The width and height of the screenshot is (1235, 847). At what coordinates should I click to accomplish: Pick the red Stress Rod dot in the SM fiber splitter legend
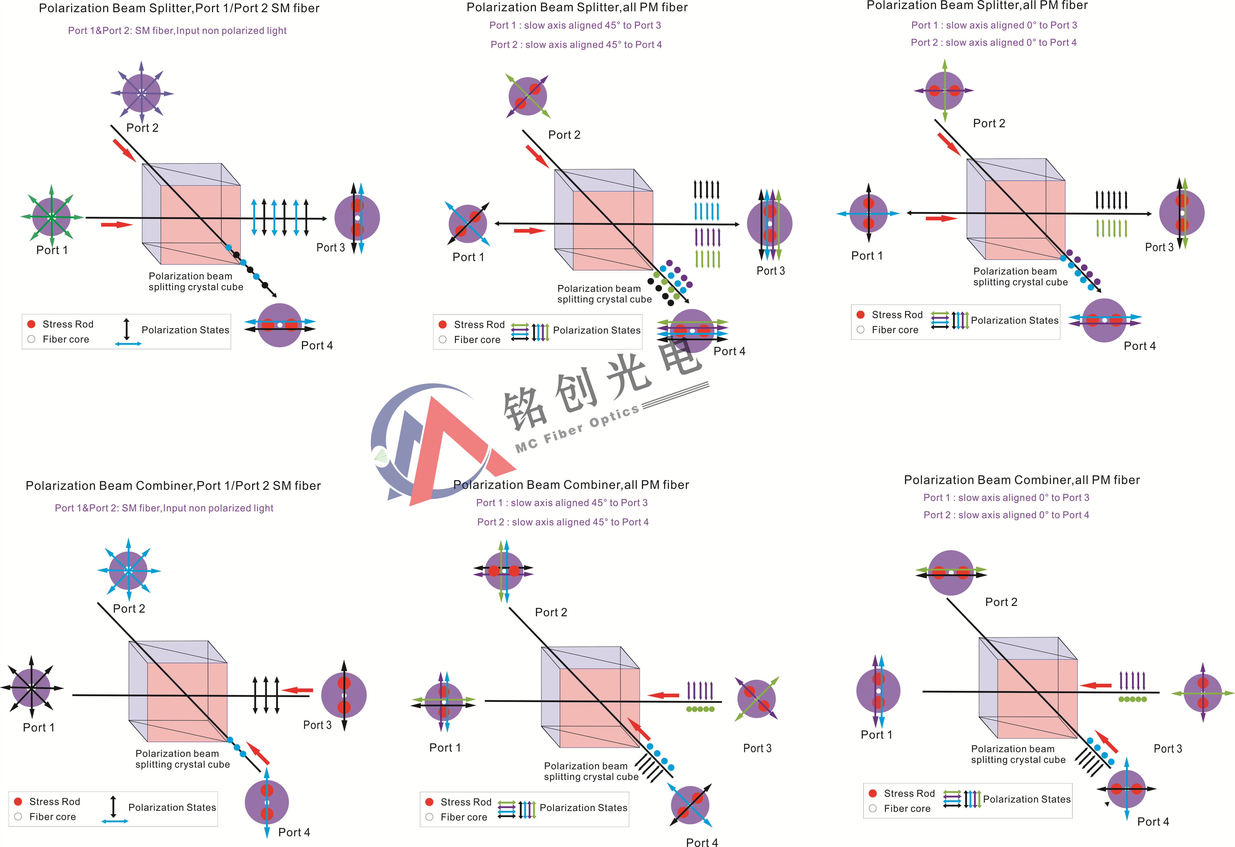(31, 324)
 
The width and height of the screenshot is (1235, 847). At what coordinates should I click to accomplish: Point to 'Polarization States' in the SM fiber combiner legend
(172, 807)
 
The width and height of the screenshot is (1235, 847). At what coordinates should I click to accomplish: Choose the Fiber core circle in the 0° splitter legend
(860, 330)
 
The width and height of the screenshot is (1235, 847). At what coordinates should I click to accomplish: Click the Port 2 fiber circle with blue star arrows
(129, 571)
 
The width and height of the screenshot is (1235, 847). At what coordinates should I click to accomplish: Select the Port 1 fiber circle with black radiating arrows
(32, 688)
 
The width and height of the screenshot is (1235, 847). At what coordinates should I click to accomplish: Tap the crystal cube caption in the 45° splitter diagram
(604, 294)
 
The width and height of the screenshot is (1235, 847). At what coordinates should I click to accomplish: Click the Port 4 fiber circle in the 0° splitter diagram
(1104, 320)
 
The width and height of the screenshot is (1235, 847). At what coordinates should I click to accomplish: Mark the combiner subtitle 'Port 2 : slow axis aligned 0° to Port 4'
(1006, 515)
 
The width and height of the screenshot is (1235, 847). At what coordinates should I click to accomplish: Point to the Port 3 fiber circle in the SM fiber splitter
(357, 218)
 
